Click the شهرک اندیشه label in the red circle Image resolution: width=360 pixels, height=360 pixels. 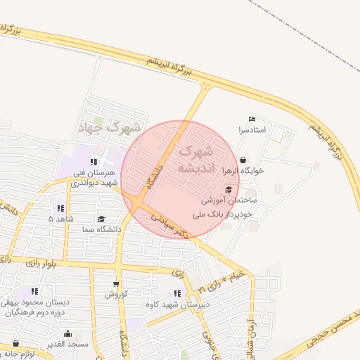coord(194,160)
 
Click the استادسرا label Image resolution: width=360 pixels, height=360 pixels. coord(252,130)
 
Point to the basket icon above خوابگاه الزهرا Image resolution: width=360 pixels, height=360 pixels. coord(243,160)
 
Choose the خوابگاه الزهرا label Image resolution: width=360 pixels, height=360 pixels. coord(243,171)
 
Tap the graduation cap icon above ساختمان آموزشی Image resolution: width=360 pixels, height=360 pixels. coord(229,189)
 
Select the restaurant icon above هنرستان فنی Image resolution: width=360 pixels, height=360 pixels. coord(94,162)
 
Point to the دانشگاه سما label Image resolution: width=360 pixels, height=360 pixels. coord(101,229)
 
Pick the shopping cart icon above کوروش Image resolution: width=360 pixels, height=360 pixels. coord(116,283)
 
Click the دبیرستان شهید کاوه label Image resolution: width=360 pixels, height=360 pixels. coord(169,304)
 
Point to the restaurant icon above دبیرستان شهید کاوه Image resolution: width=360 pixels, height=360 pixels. coord(176,293)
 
